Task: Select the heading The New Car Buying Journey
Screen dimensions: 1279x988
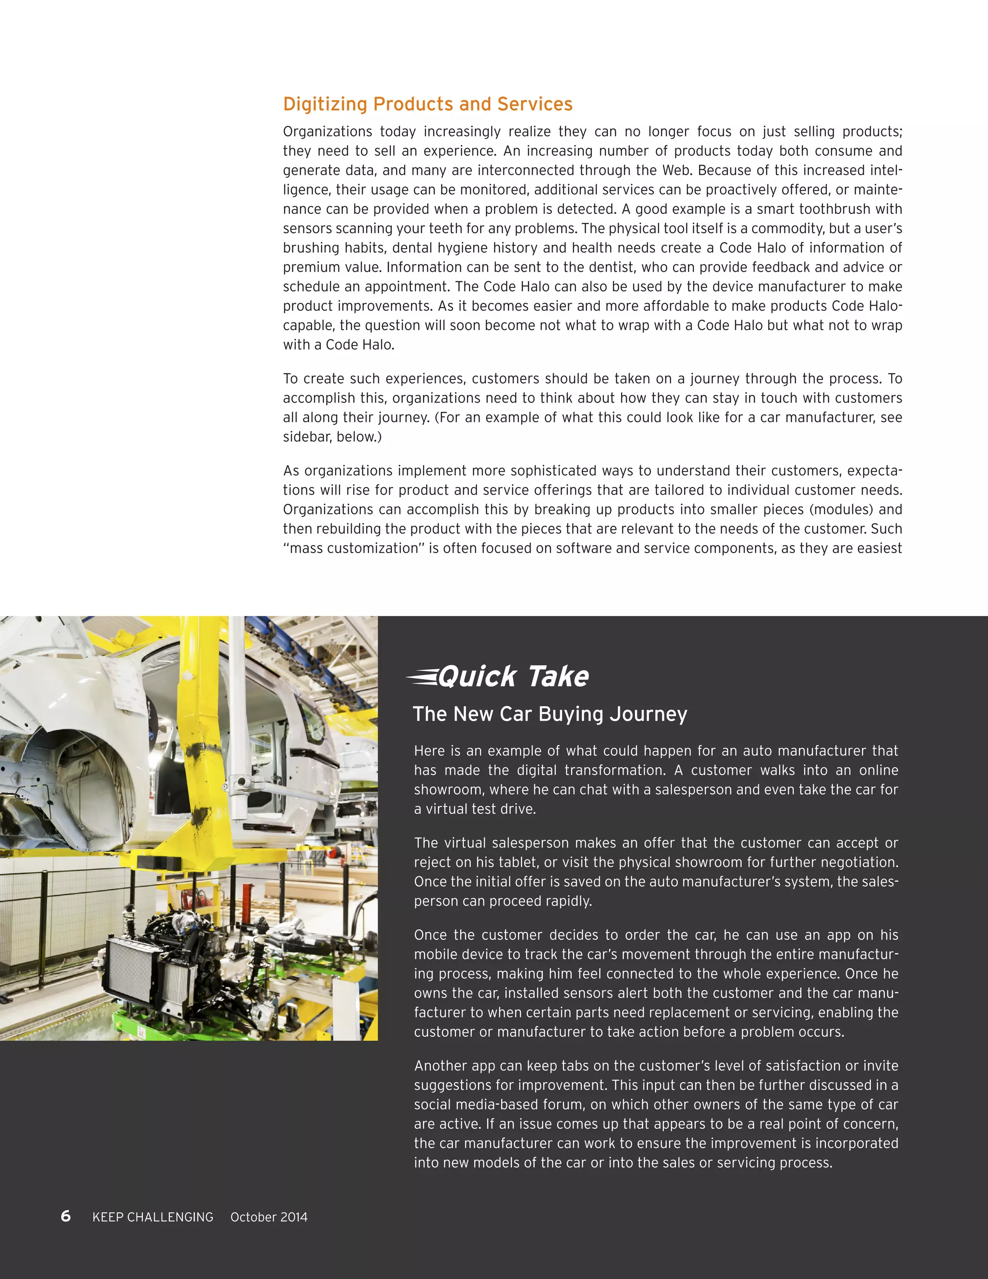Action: [x=549, y=714]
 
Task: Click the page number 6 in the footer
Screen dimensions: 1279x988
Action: [x=66, y=1216]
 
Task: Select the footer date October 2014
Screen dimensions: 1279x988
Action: [x=269, y=1217]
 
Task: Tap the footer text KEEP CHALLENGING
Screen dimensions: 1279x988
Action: [x=153, y=1217]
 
